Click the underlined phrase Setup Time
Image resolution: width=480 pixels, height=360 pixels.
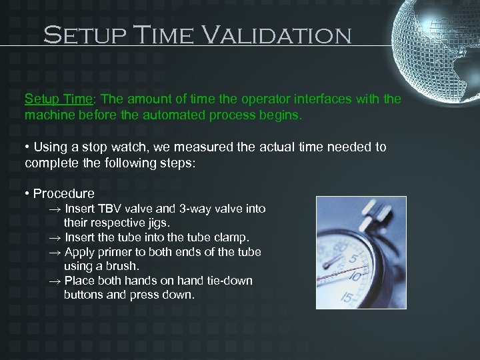(58, 99)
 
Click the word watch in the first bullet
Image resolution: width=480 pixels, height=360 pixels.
(131, 147)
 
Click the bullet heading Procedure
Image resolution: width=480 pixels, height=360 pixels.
(63, 194)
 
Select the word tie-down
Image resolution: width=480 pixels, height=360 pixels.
(229, 281)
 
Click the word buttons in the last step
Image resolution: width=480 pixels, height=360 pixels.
(84, 295)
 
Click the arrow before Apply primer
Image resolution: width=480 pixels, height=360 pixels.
(55, 252)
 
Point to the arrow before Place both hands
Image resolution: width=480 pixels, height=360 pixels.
(55, 281)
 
